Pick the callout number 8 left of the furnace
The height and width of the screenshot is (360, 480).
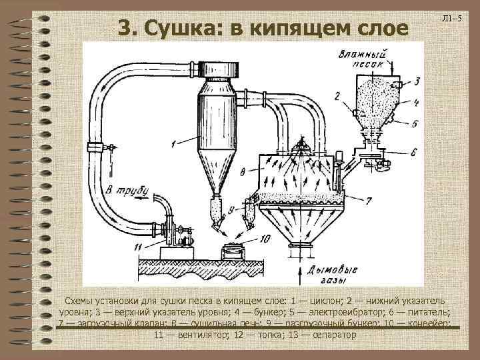pyautogui.click(x=243, y=172)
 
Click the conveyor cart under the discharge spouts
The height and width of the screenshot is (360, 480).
pyautogui.click(x=234, y=253)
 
